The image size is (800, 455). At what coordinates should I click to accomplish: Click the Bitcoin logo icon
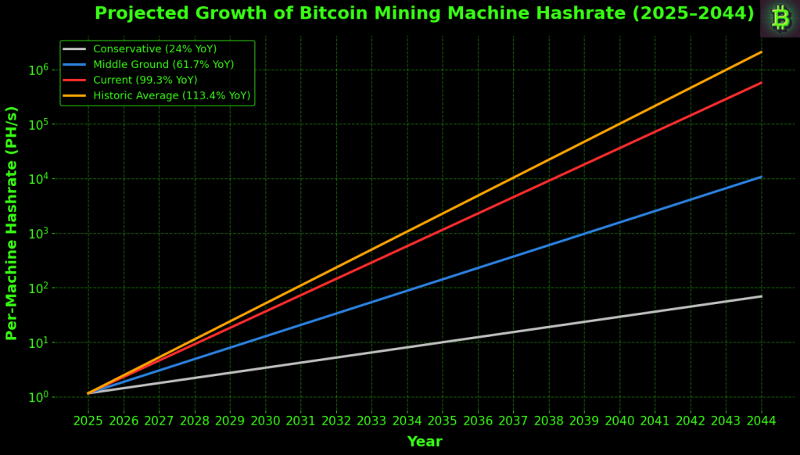(x=780, y=18)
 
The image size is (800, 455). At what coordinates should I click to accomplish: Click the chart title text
(x=424, y=13)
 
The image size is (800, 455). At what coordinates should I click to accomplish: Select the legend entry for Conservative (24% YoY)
(x=155, y=49)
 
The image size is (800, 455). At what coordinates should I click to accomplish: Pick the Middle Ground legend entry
(x=163, y=65)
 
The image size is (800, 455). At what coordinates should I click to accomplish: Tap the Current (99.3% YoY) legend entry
(x=145, y=81)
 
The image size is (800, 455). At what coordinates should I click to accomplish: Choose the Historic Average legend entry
(x=171, y=96)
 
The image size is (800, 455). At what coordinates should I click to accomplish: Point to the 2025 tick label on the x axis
(x=88, y=421)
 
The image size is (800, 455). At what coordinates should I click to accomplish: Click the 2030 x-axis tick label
(x=265, y=421)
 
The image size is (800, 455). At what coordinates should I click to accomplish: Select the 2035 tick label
(x=443, y=421)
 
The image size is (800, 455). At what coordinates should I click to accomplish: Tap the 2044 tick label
(x=762, y=421)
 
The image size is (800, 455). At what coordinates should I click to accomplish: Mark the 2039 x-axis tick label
(x=584, y=421)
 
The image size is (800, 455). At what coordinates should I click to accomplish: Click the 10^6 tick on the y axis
(x=39, y=70)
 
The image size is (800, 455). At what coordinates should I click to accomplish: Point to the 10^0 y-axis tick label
(x=39, y=397)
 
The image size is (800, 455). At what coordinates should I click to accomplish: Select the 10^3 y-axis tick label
(x=39, y=234)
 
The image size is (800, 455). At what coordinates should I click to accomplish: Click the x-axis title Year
(x=425, y=442)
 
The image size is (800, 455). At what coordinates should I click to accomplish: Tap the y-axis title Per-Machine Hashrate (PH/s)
(x=12, y=223)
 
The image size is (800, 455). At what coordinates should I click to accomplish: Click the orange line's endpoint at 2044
(x=762, y=52)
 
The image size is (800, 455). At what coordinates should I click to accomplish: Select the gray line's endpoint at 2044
(x=762, y=296)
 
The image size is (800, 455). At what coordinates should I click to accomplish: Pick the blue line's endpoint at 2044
(x=762, y=177)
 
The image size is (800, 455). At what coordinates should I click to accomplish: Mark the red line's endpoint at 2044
(x=762, y=82)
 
